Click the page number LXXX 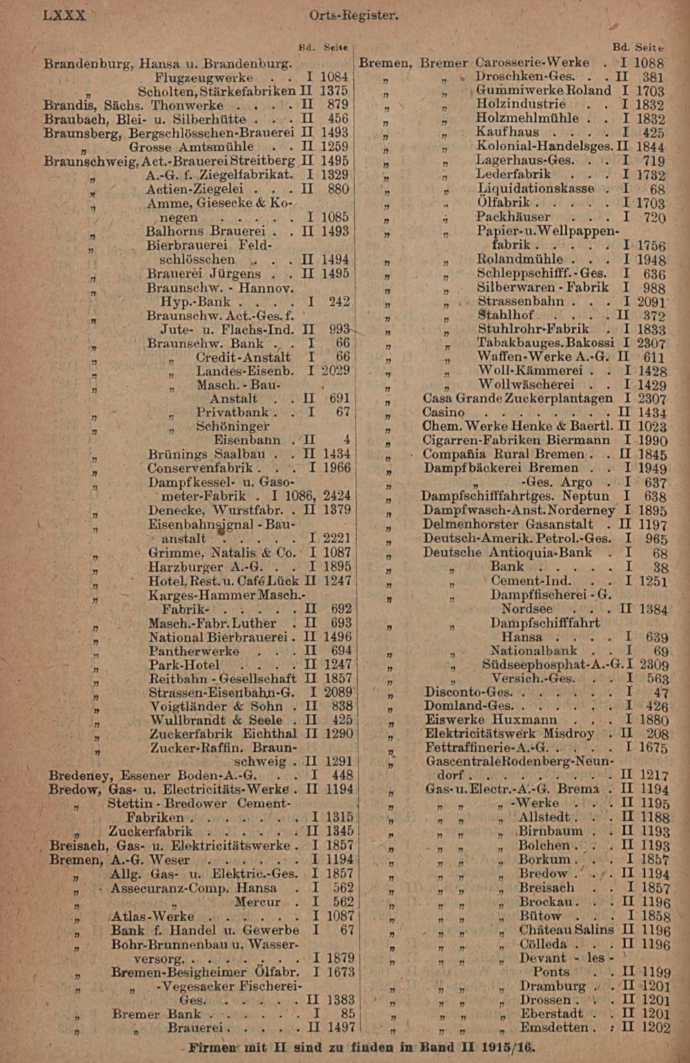tap(64, 14)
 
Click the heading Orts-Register tap(353, 14)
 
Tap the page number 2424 tap(337, 495)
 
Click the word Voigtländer tap(191, 706)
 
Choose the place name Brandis tap(69, 105)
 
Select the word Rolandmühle tap(520, 260)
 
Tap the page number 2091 tap(650, 302)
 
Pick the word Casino tap(443, 412)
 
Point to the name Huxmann tap(525, 719)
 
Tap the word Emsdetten tap(557, 1027)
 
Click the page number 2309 tap(653, 664)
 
